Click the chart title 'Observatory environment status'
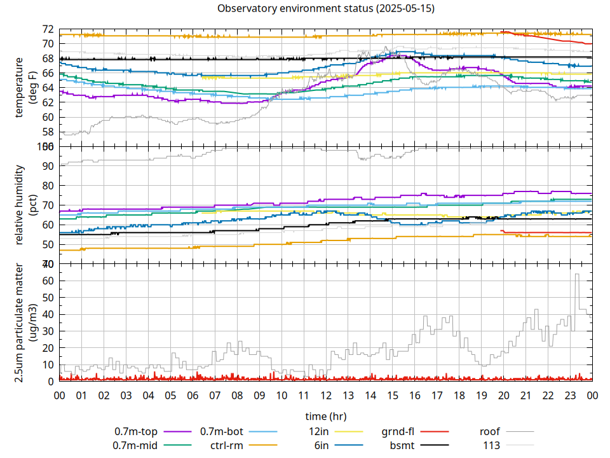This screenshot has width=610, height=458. [326, 9]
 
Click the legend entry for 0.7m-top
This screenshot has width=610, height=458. [136, 432]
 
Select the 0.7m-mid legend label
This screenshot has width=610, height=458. [135, 445]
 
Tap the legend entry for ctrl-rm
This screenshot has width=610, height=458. [227, 445]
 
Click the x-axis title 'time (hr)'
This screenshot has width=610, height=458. [325, 417]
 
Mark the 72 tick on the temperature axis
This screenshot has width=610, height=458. [48, 29]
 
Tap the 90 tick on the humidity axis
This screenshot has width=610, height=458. [48, 166]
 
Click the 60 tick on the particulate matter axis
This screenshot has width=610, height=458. [48, 281]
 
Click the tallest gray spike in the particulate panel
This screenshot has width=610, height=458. [577, 275]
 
